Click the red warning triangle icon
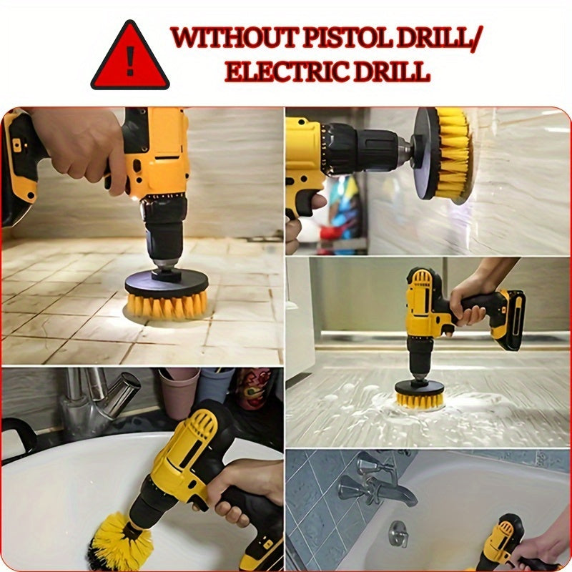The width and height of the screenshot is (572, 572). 130,57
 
